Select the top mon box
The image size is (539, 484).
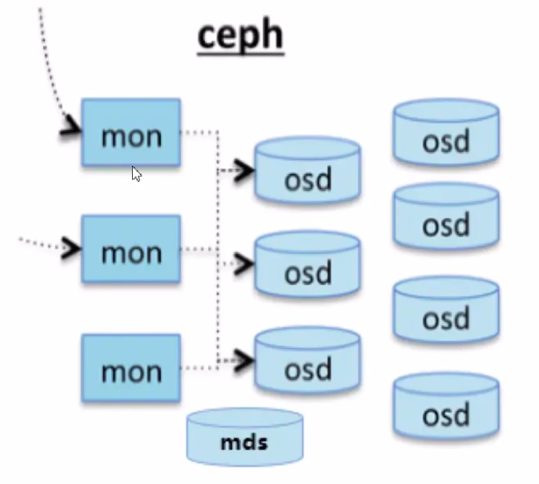click(x=131, y=133)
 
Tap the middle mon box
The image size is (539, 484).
click(x=131, y=250)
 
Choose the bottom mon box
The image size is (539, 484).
click(x=131, y=369)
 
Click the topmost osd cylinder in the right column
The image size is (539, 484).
click(x=446, y=134)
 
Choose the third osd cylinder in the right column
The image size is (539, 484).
click(x=446, y=312)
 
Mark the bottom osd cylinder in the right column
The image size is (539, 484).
click(x=446, y=409)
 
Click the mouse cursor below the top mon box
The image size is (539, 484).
click(x=136, y=174)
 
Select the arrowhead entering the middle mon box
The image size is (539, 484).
click(x=71, y=247)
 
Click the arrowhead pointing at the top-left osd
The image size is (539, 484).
click(x=244, y=171)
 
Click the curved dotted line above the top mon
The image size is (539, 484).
click(x=48, y=58)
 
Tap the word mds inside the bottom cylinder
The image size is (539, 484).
click(x=244, y=441)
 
